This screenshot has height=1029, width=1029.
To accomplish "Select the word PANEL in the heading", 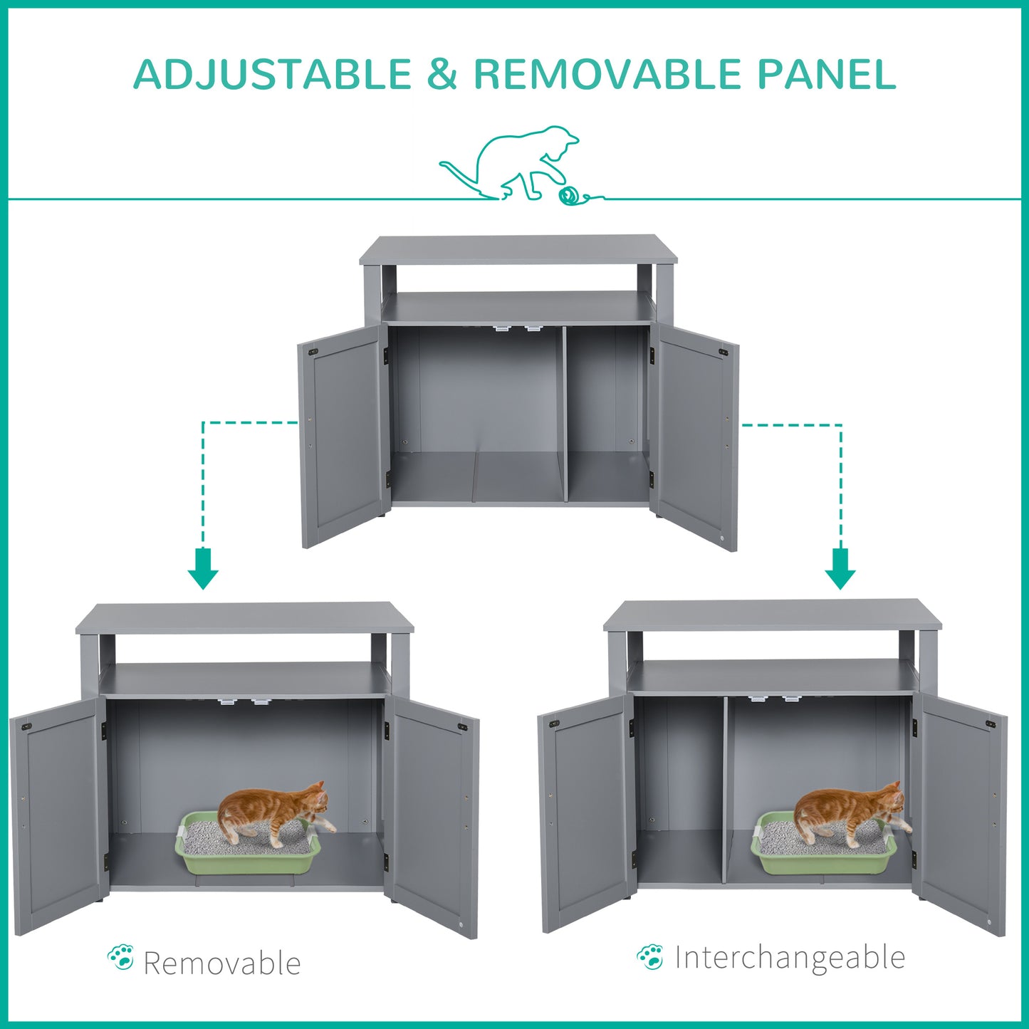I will pyautogui.click(x=826, y=74).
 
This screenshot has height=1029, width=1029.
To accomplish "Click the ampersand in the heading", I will pyautogui.click(x=442, y=74).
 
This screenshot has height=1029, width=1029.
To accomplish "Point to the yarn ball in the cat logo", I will pyautogui.click(x=569, y=195).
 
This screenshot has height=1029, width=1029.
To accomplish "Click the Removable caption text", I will pyautogui.click(x=221, y=963).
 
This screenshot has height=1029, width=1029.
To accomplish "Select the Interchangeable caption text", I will pyautogui.click(x=789, y=958).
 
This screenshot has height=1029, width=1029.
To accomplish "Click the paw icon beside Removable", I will pyautogui.click(x=120, y=958).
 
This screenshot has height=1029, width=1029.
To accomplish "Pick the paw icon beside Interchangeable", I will pyautogui.click(x=650, y=957).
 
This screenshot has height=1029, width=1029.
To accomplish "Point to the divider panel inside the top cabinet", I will pyautogui.click(x=565, y=413).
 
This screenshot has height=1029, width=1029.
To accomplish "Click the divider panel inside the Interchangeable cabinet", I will pyautogui.click(x=726, y=790).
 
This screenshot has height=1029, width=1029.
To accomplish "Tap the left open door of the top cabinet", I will pyautogui.click(x=343, y=434).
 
